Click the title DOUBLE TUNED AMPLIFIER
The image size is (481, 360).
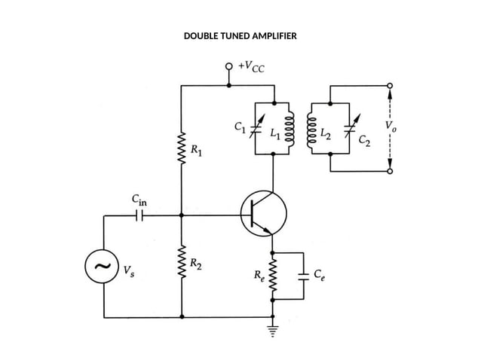tap(240, 35)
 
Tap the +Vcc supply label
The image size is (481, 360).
tap(251, 67)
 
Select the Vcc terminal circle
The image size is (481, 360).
tap(228, 66)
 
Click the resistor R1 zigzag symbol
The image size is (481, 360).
tap(182, 149)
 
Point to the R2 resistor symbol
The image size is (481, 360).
tap(182, 265)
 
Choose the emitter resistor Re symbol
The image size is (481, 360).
tap(273, 276)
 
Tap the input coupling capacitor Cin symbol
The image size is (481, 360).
tap(139, 215)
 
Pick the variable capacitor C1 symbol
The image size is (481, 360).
tap(256, 128)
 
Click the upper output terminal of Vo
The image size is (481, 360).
tap(390, 86)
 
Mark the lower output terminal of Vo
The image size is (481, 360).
tap(390, 172)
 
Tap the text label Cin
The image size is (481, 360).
tap(139, 200)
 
